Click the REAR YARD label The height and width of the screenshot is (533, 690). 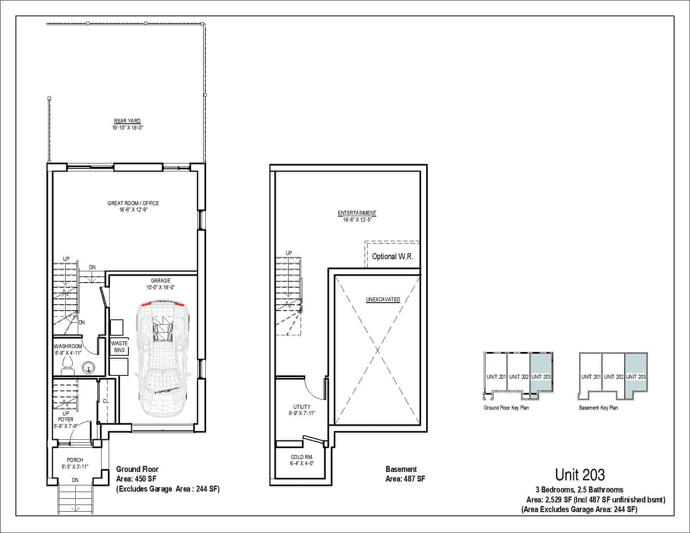click(127, 121)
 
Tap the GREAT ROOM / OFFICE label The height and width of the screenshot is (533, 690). click(133, 203)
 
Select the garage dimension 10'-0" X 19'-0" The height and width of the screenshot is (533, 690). click(160, 288)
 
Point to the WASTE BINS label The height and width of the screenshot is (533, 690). click(120, 347)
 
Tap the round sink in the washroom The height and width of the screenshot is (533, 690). click(88, 368)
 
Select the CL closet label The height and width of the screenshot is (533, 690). click(106, 401)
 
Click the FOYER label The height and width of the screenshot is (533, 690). click(66, 419)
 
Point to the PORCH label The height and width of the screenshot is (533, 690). click(75, 460)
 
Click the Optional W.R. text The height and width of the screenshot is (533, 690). click(393, 257)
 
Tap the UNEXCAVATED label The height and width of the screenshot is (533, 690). click(383, 299)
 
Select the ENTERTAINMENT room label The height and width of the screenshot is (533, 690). click(357, 213)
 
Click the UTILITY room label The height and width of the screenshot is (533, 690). click(302, 407)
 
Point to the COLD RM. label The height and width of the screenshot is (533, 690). click(302, 457)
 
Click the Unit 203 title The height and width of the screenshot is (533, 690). click(580, 475)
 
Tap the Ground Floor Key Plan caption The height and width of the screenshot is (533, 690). click(506, 408)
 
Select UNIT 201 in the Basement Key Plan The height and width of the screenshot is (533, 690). click(591, 377)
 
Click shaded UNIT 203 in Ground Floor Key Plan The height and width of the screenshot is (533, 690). click(541, 377)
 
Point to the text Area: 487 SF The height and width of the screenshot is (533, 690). click(405, 479)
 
